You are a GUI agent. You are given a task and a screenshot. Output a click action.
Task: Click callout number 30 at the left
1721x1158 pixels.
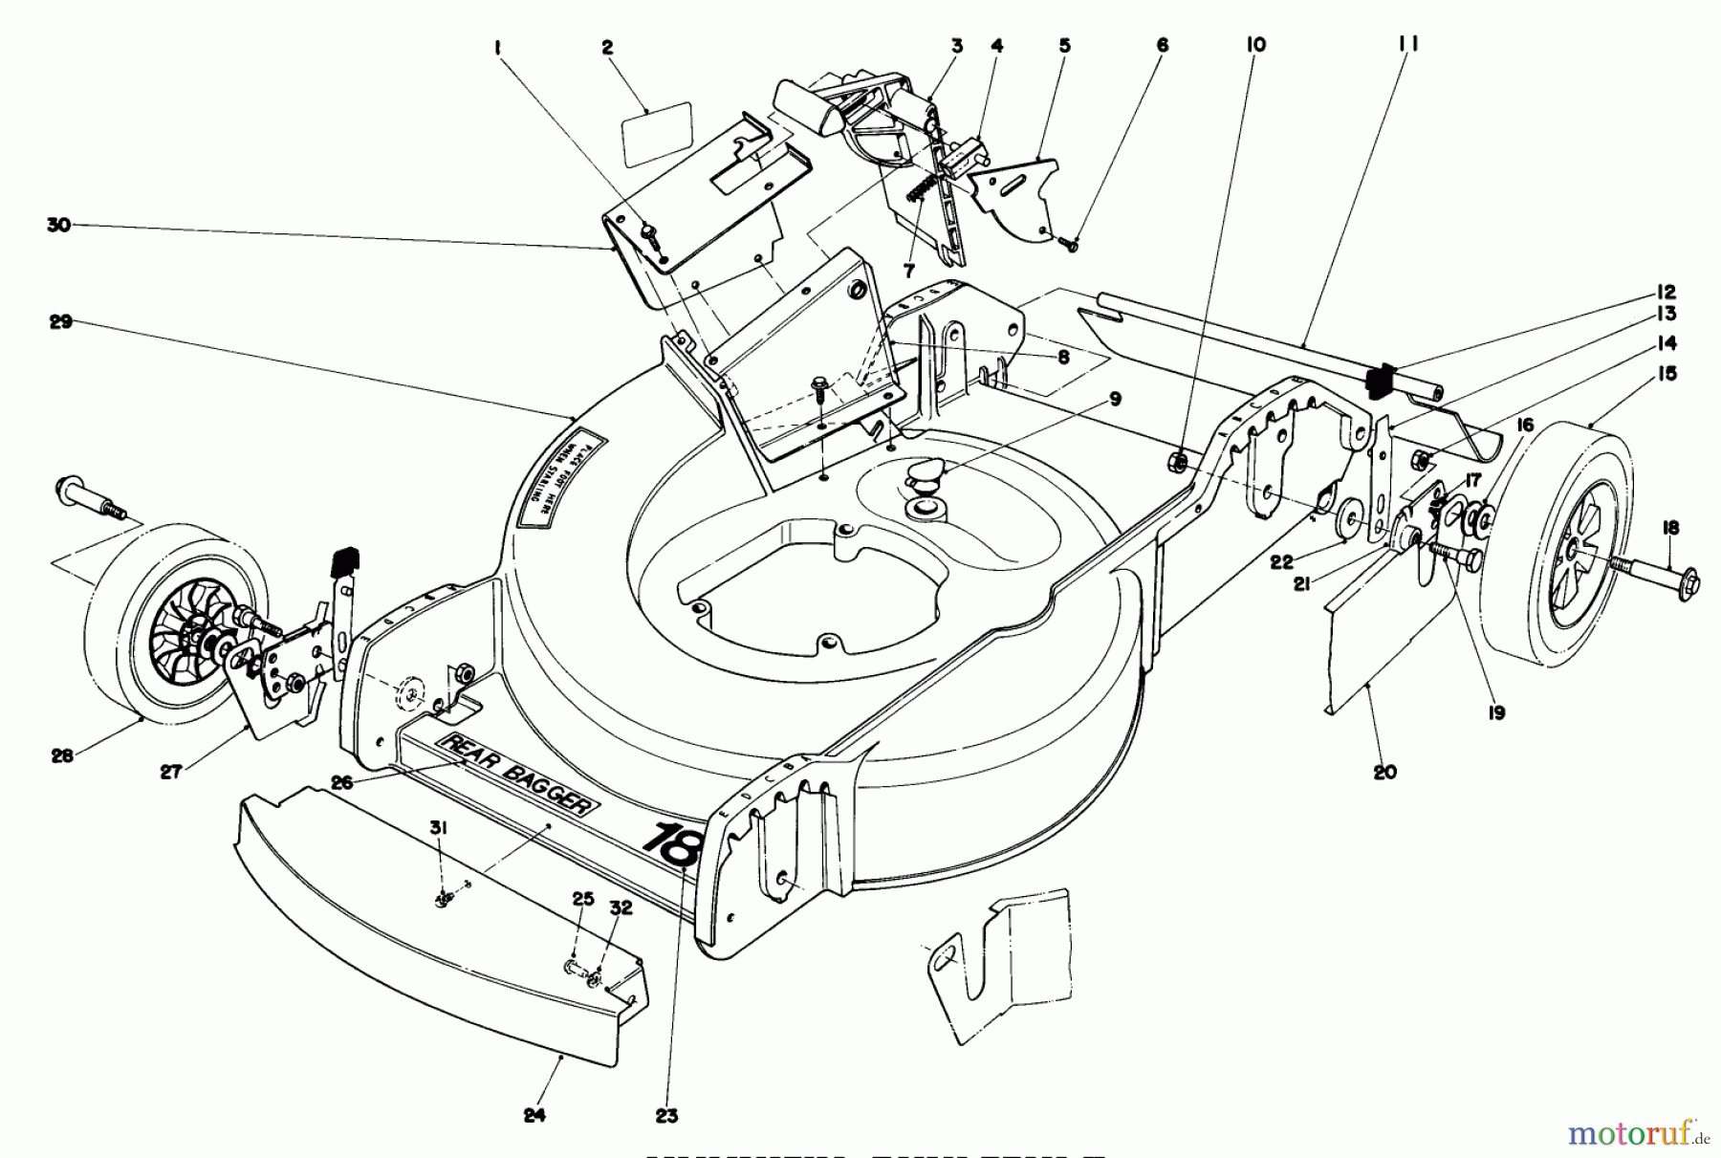coord(59,226)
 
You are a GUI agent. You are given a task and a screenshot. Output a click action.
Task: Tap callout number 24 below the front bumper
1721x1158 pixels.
coord(535,1115)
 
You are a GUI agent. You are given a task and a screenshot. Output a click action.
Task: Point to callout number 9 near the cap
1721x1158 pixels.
coord(1115,399)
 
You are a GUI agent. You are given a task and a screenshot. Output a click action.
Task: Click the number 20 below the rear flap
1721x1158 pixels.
coord(1384,772)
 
